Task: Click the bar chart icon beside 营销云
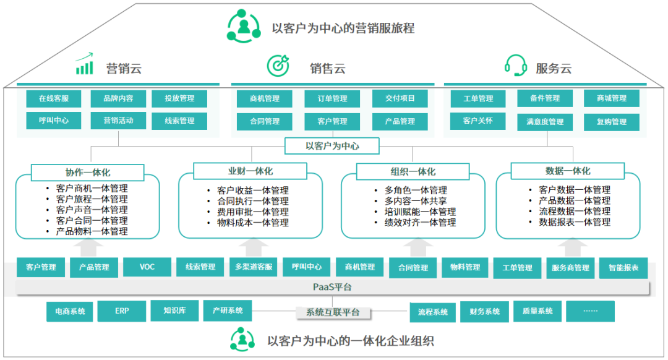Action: coord(84,64)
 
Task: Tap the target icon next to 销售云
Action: coord(278,65)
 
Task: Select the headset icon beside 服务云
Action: coord(515,65)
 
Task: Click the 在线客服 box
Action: coord(54,98)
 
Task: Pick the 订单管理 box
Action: coord(332,99)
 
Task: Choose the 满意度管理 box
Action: coord(544,122)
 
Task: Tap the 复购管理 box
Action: coord(611,122)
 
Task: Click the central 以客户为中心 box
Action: coord(332,147)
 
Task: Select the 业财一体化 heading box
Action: coord(250,171)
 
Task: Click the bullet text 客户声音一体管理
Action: coord(92,210)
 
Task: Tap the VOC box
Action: coord(147,267)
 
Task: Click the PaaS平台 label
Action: coord(332,288)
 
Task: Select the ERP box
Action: coord(121,311)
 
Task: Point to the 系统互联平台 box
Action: coord(332,312)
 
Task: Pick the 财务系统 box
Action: coord(484,312)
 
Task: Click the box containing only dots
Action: coord(590,311)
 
